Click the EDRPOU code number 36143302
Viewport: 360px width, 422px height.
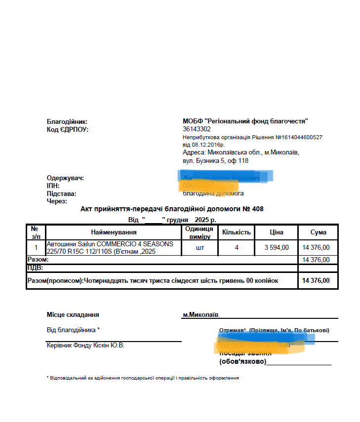(197, 129)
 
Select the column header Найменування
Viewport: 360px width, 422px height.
(114, 232)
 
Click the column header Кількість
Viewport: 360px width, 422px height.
(237, 232)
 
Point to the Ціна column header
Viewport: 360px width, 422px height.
(277, 232)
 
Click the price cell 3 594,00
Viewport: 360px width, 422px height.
(277, 247)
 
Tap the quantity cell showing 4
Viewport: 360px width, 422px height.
(237, 247)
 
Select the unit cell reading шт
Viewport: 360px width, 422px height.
(198, 247)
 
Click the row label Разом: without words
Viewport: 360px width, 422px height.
(38, 259)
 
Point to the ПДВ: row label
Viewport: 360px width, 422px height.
(35, 268)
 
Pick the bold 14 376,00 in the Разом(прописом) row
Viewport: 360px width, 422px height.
(316, 280)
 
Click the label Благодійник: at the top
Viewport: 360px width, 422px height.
(67, 121)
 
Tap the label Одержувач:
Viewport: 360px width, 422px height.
(65, 178)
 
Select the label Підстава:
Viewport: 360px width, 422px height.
(62, 193)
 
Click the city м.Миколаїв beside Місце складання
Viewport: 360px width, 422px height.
(200, 314)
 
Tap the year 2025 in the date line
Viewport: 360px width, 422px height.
(201, 220)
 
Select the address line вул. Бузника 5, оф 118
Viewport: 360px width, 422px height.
(215, 160)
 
